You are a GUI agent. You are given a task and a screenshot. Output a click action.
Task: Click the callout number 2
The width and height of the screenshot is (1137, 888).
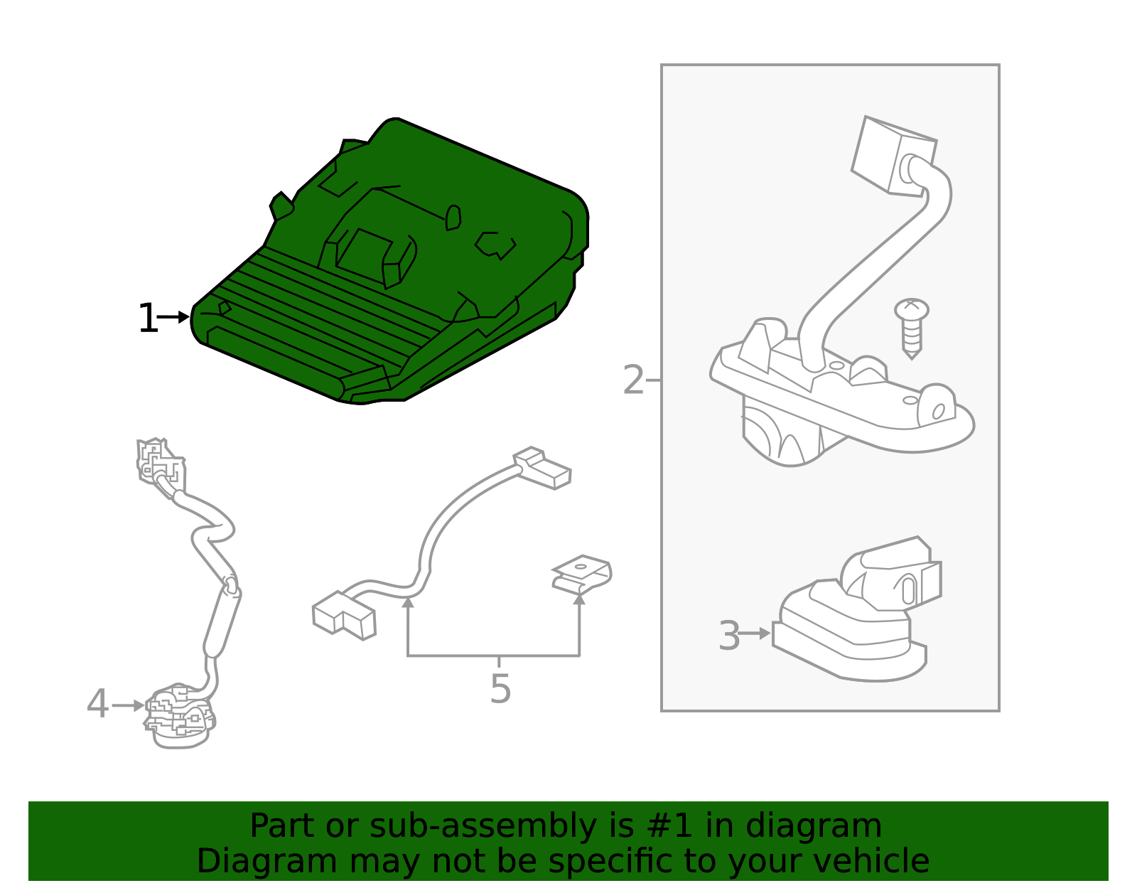632,380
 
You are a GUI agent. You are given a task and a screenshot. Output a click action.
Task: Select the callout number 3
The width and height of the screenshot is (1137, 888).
729,636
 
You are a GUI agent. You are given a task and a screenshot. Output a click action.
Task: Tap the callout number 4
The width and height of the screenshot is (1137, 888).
97,705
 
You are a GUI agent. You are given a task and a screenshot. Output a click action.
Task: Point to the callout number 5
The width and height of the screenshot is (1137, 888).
500,689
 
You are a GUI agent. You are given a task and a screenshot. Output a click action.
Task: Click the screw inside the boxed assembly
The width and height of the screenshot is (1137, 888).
911,326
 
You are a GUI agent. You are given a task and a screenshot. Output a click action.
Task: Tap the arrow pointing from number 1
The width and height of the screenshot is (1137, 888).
173,317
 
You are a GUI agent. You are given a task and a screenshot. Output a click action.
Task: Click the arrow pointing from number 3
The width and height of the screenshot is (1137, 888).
755,633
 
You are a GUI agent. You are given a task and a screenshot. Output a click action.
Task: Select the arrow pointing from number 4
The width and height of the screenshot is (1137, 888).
129,705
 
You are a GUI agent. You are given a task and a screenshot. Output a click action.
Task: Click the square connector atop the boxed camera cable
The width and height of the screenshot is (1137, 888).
893,155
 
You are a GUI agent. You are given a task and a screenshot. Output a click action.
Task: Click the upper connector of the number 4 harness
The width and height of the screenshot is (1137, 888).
160,461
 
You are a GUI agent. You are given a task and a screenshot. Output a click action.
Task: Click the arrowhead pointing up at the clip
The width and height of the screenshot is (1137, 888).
579,599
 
